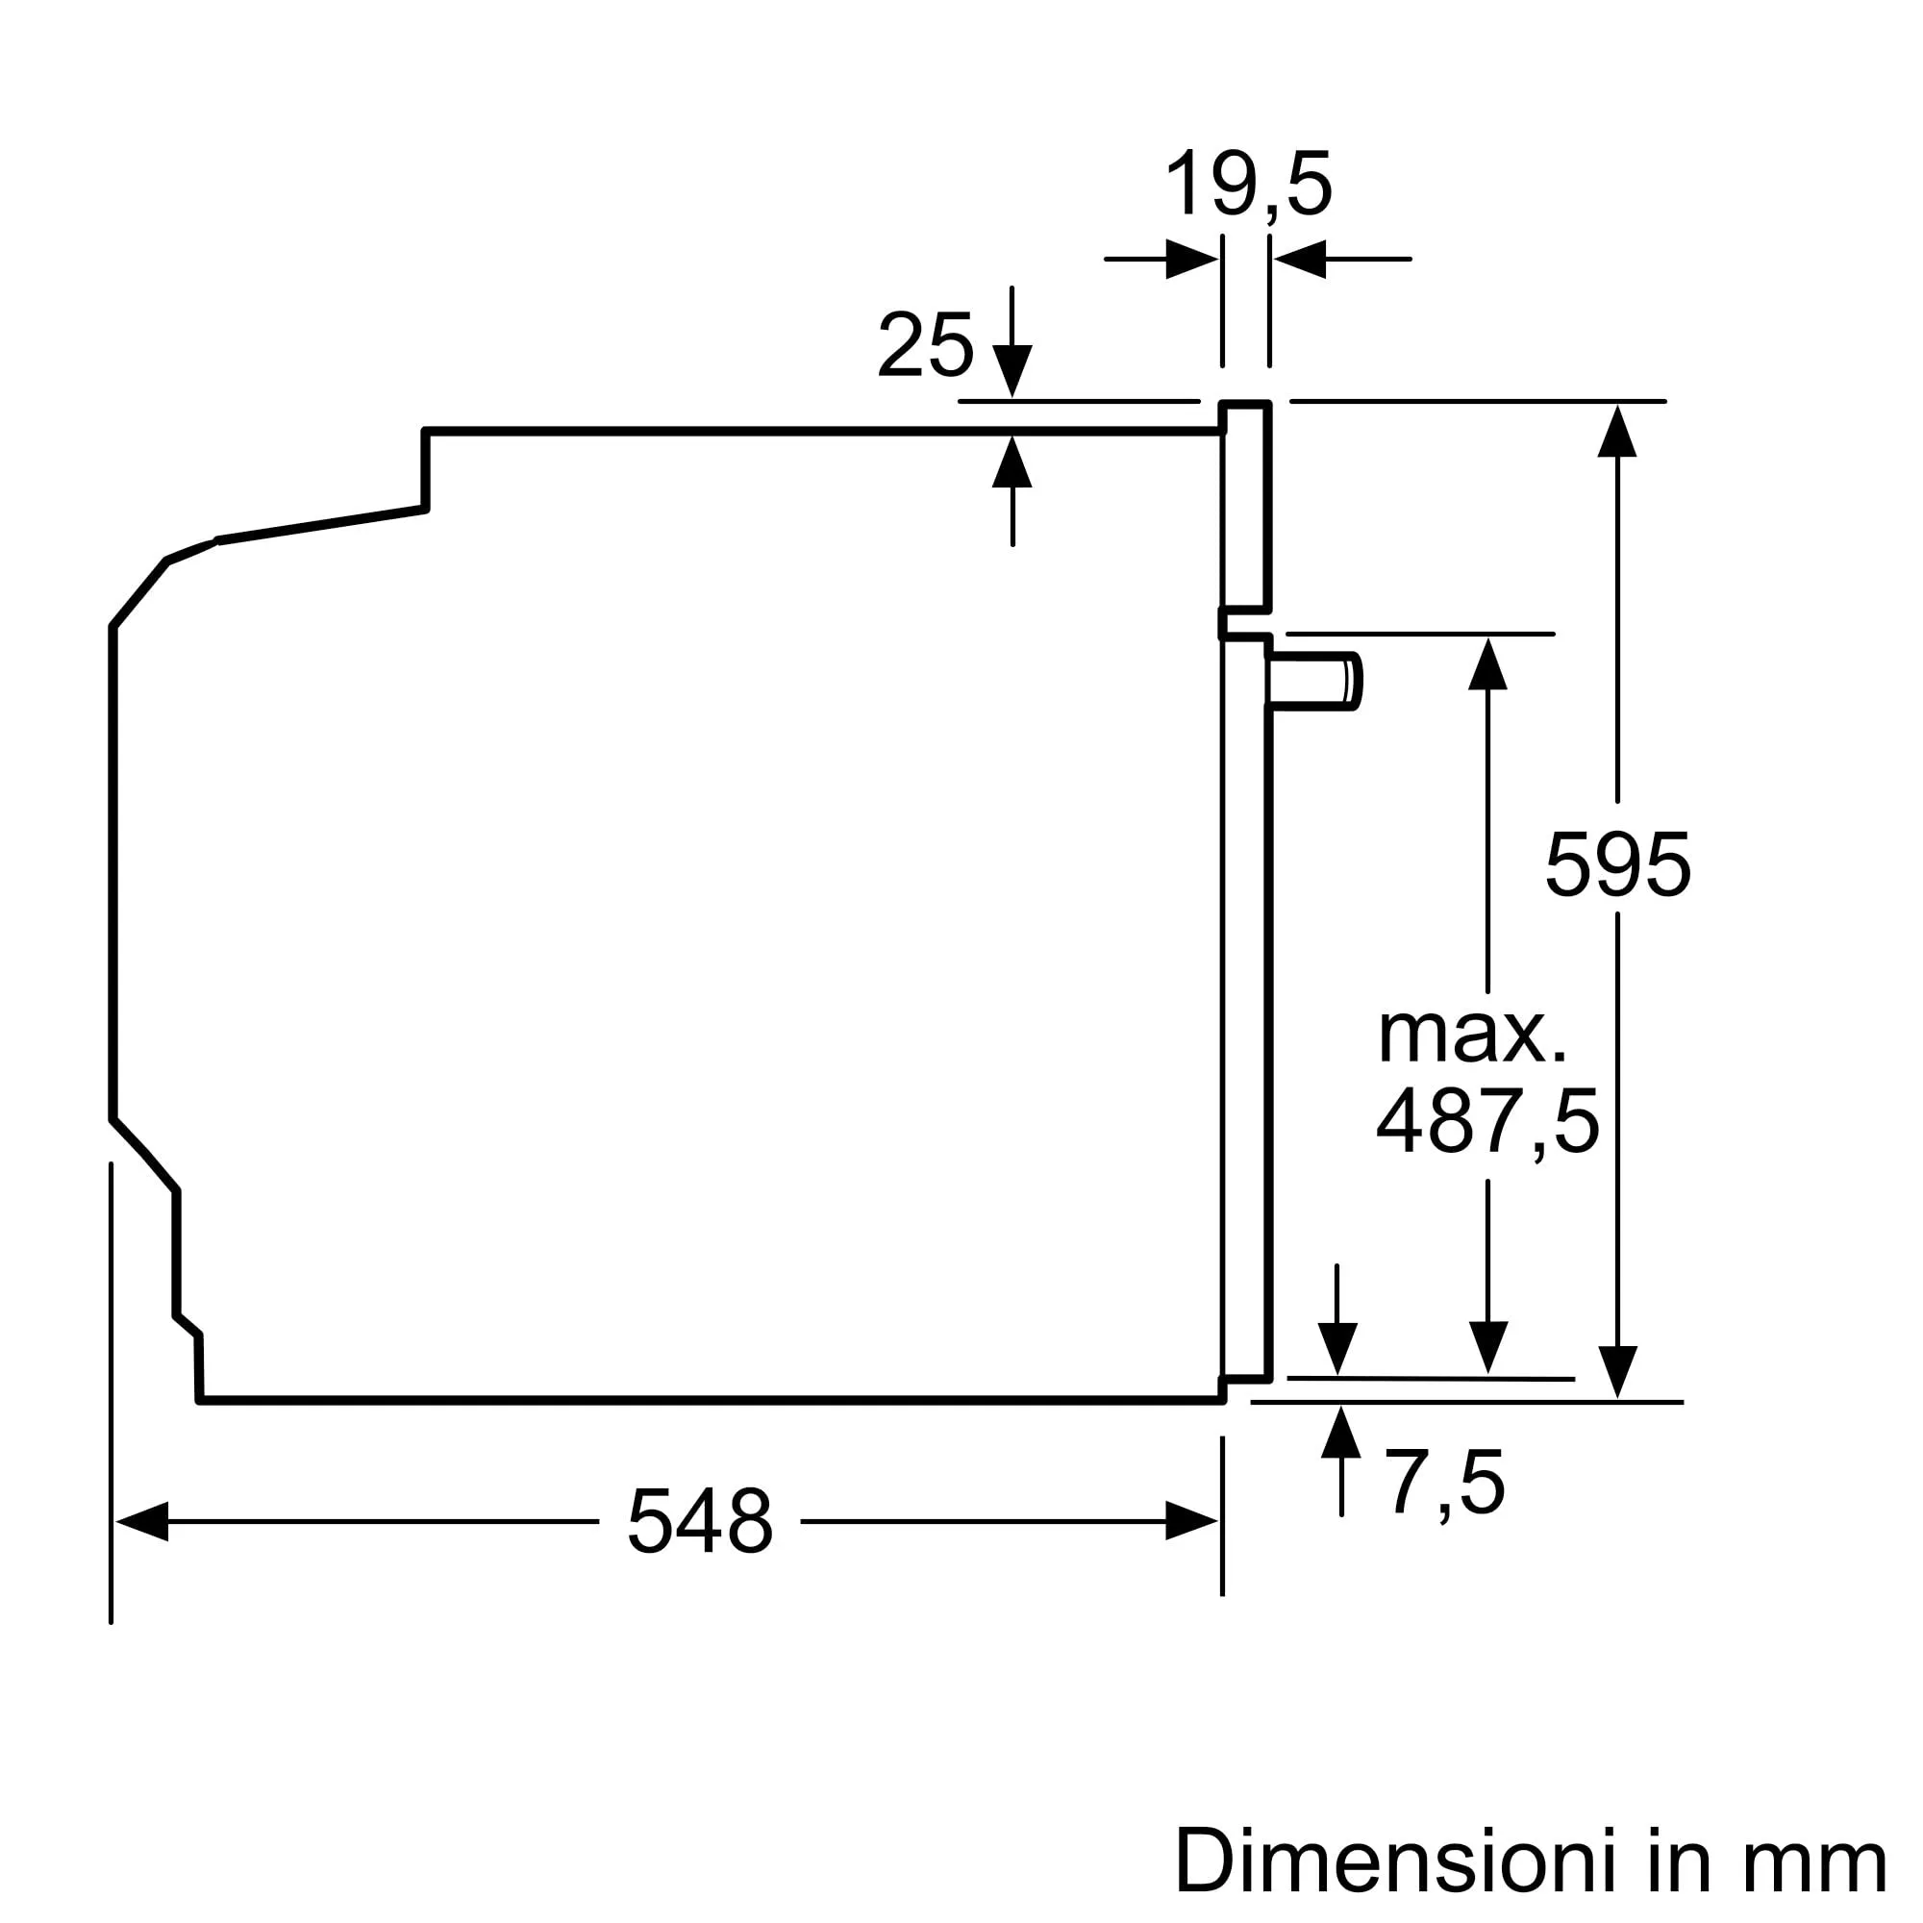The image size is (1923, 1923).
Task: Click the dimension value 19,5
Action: (1247, 185)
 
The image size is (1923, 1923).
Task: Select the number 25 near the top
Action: (925, 345)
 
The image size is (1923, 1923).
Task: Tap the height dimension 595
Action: (1616, 865)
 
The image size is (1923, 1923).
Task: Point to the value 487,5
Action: (1487, 1122)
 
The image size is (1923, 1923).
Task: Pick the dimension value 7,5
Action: (1445, 1484)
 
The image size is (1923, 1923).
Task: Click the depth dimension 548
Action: (700, 1521)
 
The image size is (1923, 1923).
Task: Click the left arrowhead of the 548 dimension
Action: (141, 1521)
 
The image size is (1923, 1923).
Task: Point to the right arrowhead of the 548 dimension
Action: (1191, 1521)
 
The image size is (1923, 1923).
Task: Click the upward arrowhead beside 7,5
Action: (1340, 1434)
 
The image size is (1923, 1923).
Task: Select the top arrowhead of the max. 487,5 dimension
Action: (1488, 663)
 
